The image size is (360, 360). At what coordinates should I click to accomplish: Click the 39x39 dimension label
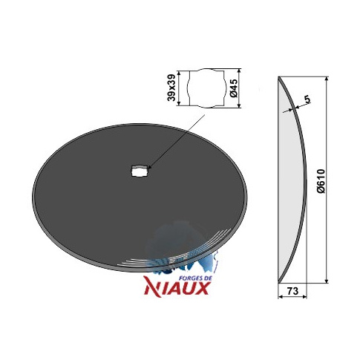coord(171,88)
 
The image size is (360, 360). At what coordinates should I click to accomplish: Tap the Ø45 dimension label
coord(234,88)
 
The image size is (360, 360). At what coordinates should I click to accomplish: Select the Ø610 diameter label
coord(321,181)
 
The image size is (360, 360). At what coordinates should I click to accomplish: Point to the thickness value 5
coord(307,99)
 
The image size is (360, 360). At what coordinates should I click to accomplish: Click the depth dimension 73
coord(292,291)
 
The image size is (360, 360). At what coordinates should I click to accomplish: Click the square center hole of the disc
coord(139,171)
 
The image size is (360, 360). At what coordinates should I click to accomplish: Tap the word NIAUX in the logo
coord(177,289)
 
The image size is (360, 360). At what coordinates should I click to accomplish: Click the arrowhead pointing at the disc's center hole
coord(150,168)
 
